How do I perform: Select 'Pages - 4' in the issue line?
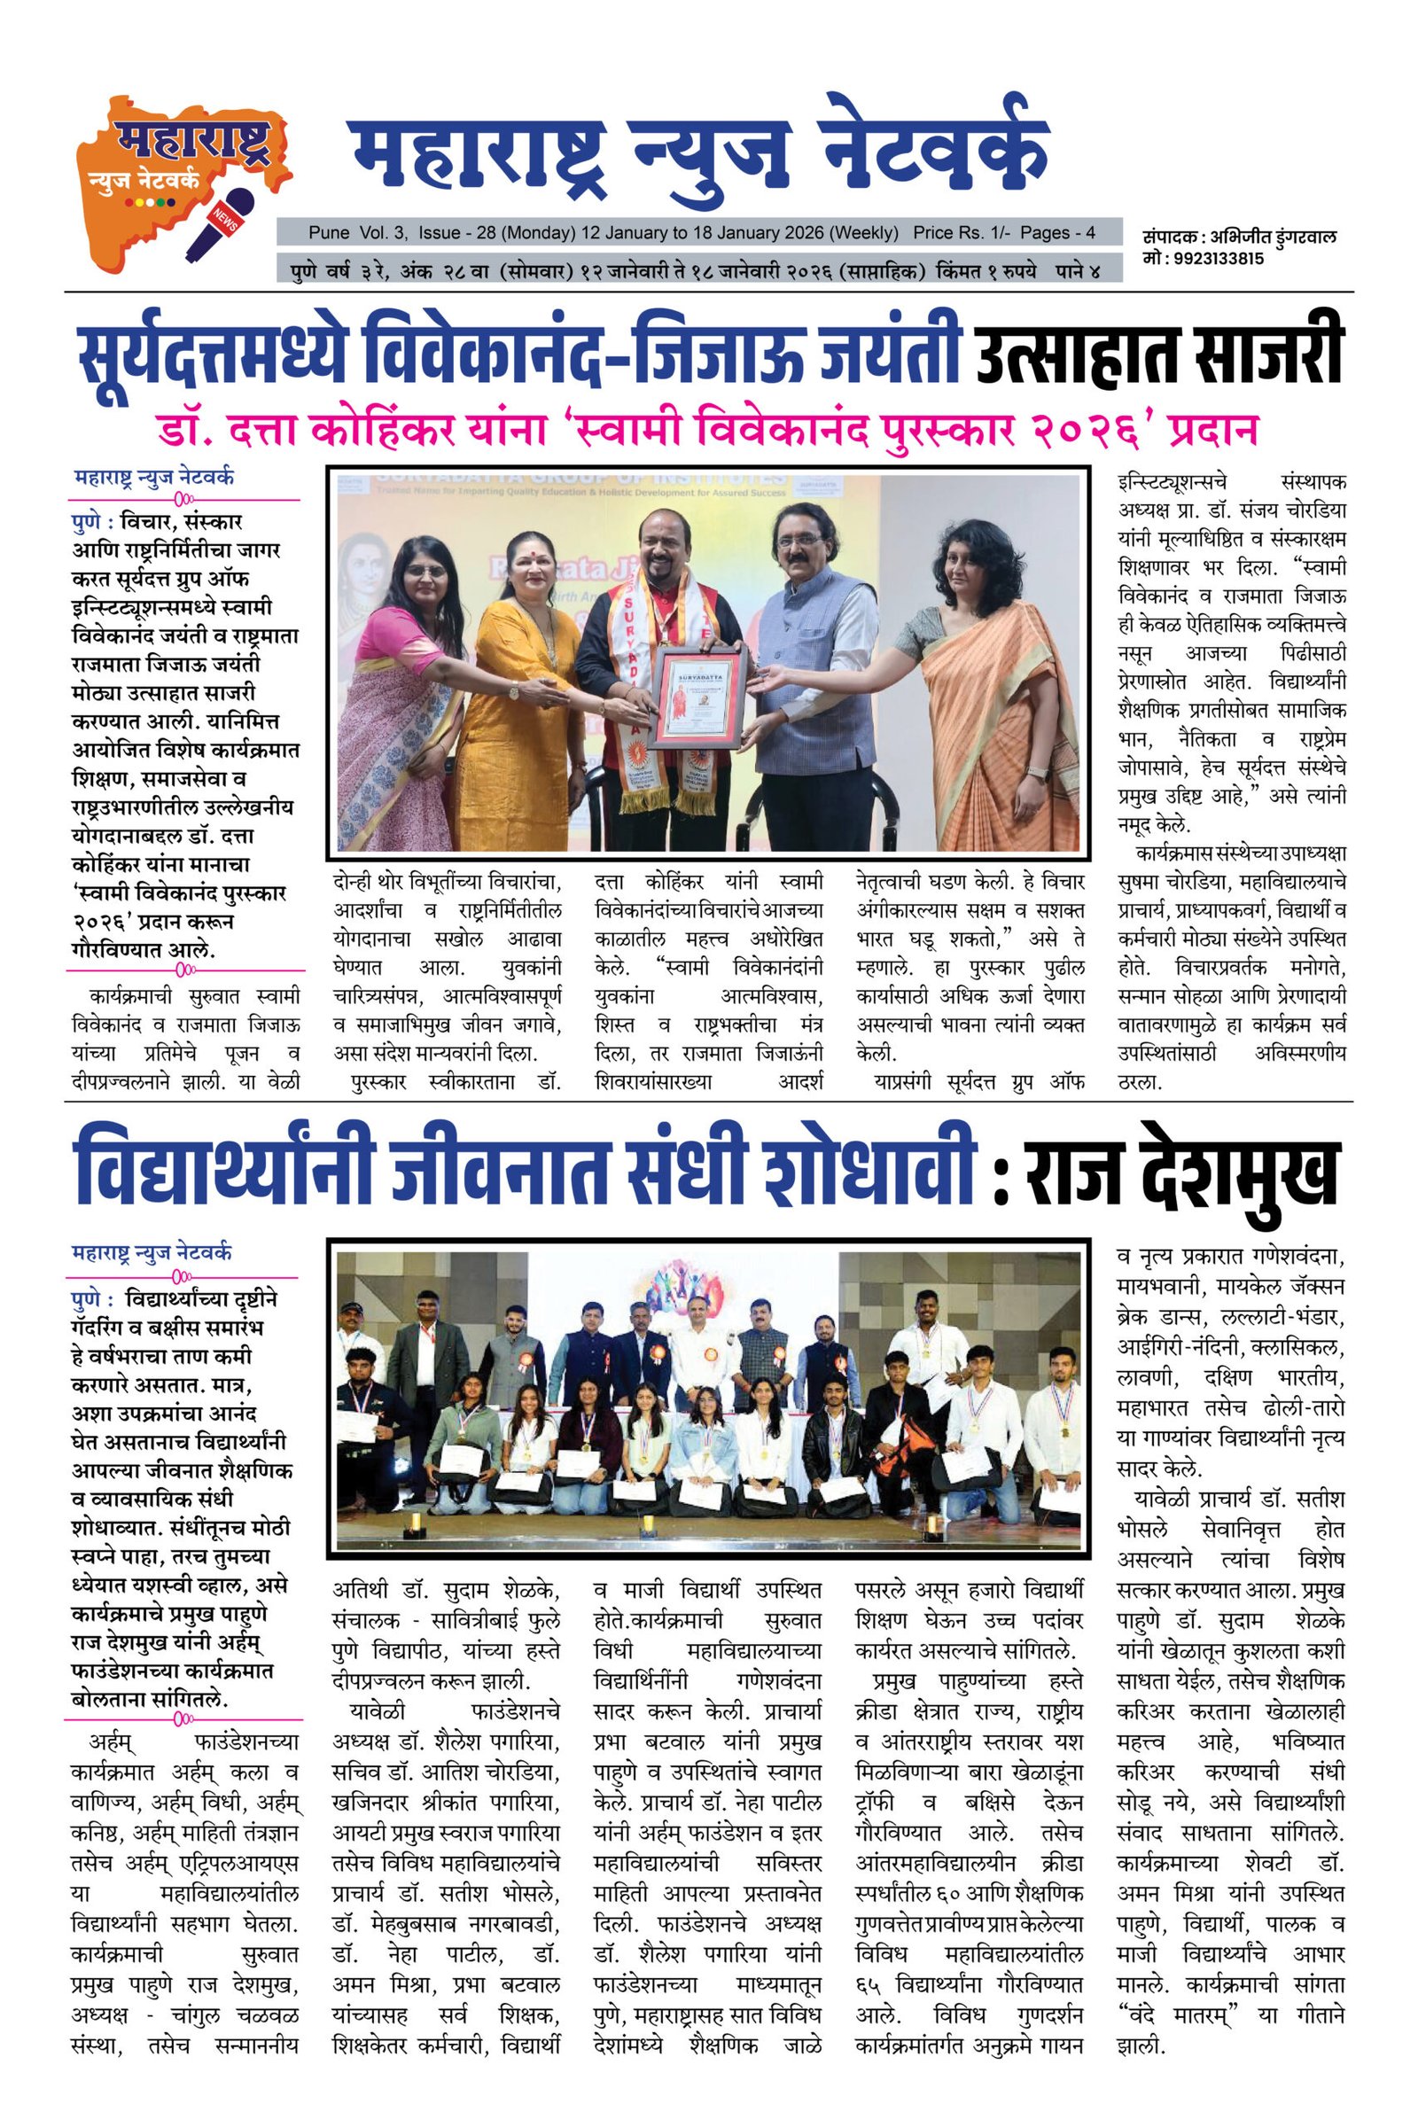point(1058,232)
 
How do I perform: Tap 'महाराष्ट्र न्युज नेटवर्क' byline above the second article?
point(152,1253)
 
